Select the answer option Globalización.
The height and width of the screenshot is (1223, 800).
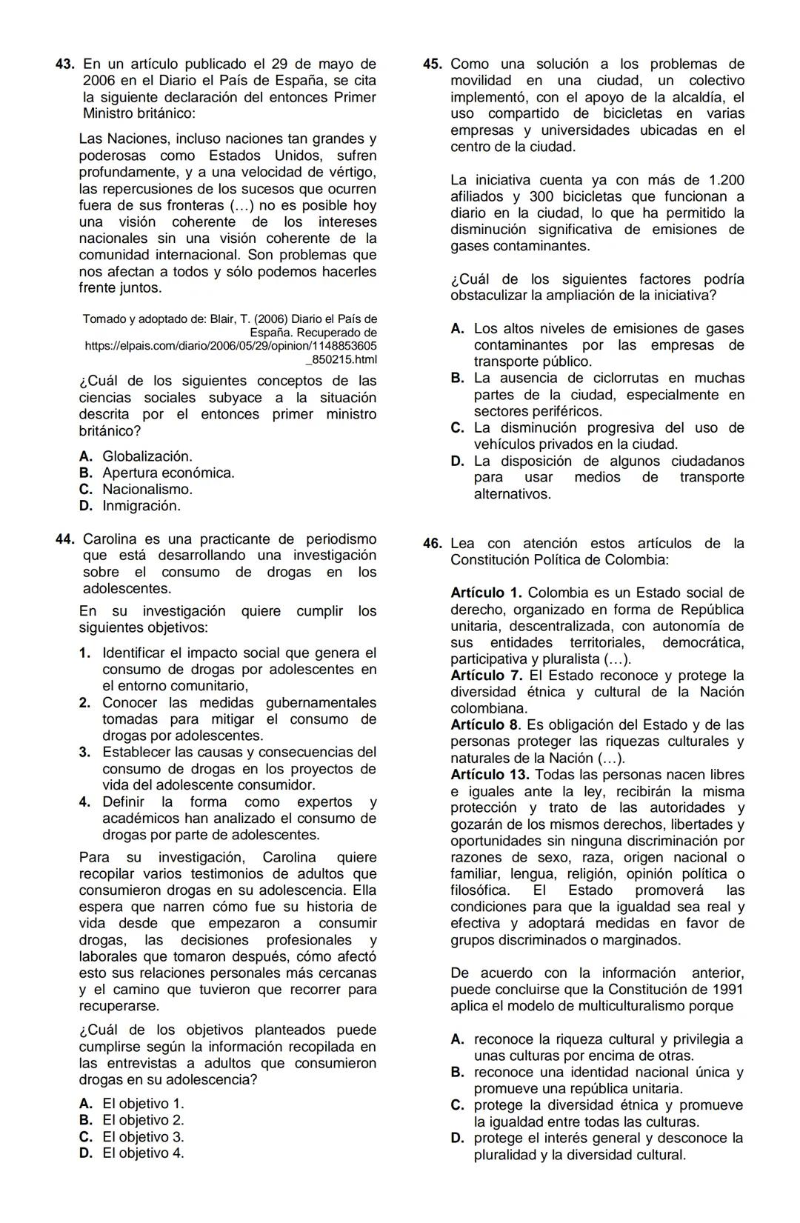click(147, 456)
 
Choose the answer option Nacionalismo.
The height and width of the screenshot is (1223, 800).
click(147, 490)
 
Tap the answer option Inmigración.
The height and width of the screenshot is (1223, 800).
click(141, 506)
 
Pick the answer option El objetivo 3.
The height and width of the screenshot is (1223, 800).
click(143, 1137)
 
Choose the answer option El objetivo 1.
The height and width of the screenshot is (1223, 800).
click(143, 1104)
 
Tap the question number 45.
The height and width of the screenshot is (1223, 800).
click(433, 64)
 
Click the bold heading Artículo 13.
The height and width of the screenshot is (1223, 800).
click(490, 775)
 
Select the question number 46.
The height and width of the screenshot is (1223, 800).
click(433, 544)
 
